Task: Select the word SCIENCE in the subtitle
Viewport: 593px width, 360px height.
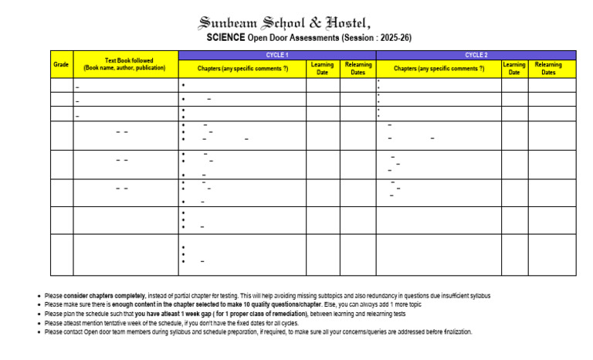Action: (225, 37)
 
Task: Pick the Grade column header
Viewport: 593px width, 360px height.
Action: (61, 65)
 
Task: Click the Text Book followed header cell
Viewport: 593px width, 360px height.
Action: (125, 65)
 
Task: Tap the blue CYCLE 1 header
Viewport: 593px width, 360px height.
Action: (276, 55)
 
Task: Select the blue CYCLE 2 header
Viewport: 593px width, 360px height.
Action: (476, 55)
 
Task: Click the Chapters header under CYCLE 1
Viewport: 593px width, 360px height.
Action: (242, 69)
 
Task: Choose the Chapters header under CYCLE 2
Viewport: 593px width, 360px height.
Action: (439, 69)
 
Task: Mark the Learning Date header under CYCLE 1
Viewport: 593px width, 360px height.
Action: (323, 69)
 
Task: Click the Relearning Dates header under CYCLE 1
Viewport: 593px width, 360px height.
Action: (357, 69)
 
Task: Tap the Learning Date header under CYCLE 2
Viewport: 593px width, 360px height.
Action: (514, 69)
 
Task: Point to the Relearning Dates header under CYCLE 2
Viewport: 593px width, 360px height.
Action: (547, 69)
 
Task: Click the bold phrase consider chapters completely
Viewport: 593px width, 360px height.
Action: (100, 296)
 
